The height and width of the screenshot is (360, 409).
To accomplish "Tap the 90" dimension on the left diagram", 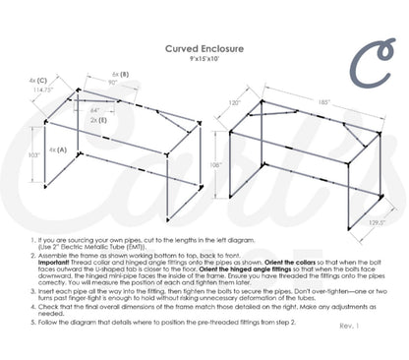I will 112,84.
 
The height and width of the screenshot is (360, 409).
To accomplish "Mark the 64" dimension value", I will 94,111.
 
